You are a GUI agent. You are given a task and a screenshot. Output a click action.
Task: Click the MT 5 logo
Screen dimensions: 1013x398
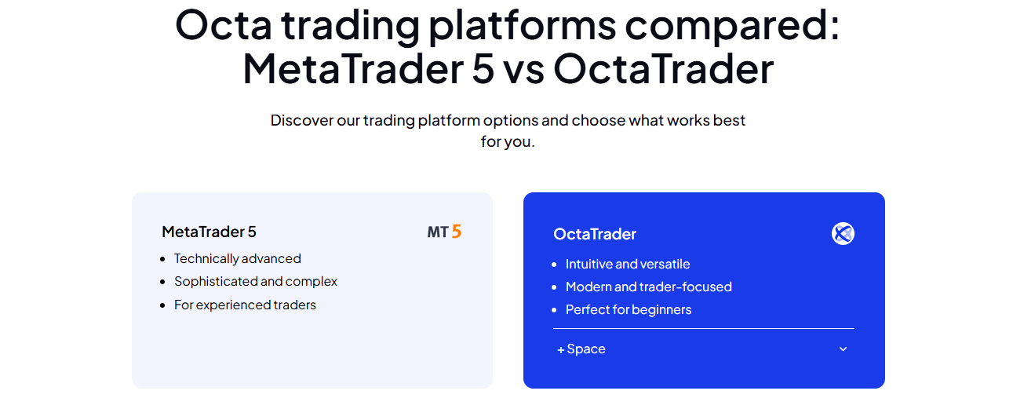click(444, 232)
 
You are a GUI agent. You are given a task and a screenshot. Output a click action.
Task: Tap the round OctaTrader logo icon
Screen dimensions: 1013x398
click(843, 234)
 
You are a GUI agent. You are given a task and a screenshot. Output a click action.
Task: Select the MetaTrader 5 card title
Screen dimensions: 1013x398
click(209, 232)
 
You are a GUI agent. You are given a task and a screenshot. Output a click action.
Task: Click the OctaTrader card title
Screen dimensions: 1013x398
click(595, 234)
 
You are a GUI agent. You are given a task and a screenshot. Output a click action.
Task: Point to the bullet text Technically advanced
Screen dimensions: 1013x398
click(238, 259)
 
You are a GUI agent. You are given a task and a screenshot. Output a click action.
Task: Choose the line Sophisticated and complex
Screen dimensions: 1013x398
click(256, 281)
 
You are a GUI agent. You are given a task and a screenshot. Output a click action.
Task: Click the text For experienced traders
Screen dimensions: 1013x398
click(245, 305)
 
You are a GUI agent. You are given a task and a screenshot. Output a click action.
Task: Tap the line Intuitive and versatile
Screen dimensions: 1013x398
click(628, 264)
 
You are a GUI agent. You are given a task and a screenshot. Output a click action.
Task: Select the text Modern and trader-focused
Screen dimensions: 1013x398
click(648, 287)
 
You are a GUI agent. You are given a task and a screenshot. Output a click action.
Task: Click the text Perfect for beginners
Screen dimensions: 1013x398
click(629, 310)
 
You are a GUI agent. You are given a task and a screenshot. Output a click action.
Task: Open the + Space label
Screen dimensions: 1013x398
click(581, 349)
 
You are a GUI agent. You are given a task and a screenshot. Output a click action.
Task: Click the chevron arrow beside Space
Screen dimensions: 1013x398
click(843, 349)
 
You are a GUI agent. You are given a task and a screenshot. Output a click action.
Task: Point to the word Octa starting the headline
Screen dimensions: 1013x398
click(224, 25)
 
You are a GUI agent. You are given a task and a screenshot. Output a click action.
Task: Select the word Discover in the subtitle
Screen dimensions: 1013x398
click(301, 120)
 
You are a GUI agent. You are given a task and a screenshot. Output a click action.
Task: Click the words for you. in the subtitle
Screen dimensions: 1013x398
click(508, 141)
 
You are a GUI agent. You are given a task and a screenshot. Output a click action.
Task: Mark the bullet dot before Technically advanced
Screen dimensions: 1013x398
click(162, 259)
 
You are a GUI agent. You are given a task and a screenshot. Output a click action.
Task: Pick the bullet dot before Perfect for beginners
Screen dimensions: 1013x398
click(554, 310)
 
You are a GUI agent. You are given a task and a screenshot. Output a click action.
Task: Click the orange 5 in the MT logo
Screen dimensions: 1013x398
click(457, 232)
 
